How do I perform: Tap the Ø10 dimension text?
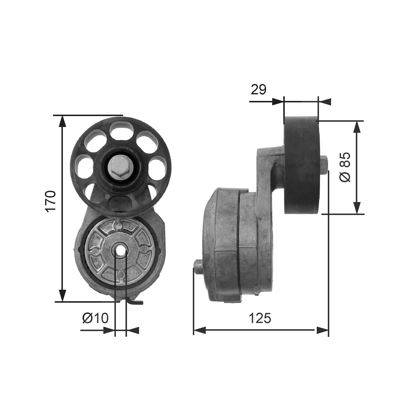tap(95, 318)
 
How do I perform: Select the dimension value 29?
tap(258, 89)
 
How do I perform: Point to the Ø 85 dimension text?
tap(345, 167)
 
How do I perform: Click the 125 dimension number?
tap(260, 318)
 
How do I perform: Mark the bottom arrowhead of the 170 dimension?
tap(62, 296)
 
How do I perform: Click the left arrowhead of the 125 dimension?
tap(199, 330)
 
